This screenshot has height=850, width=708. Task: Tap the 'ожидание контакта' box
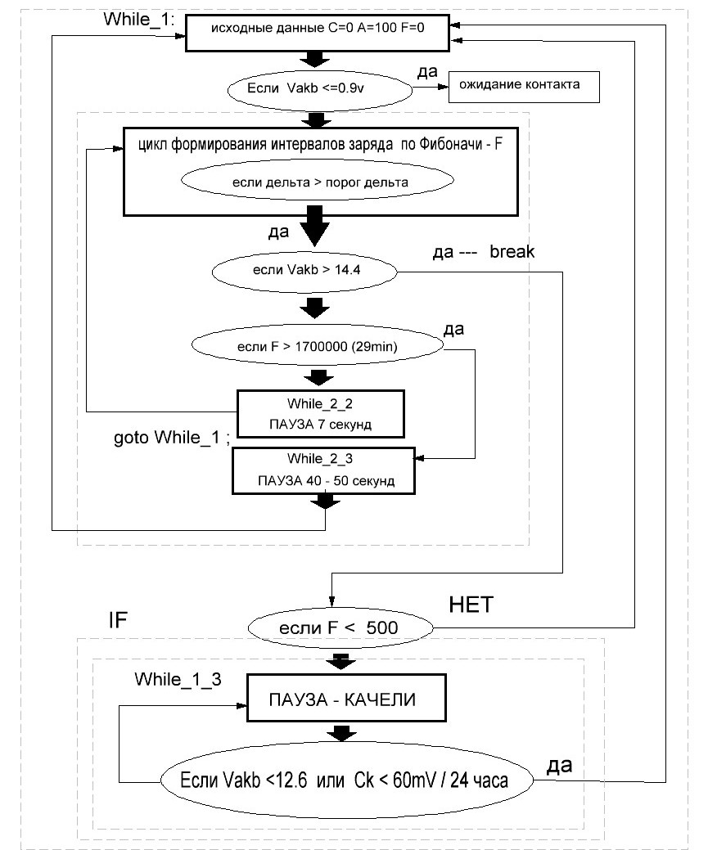[x=524, y=87]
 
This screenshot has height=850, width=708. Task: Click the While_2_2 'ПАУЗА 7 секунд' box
[x=321, y=414]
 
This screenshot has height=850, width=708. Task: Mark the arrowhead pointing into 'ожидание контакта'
[x=442, y=87]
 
